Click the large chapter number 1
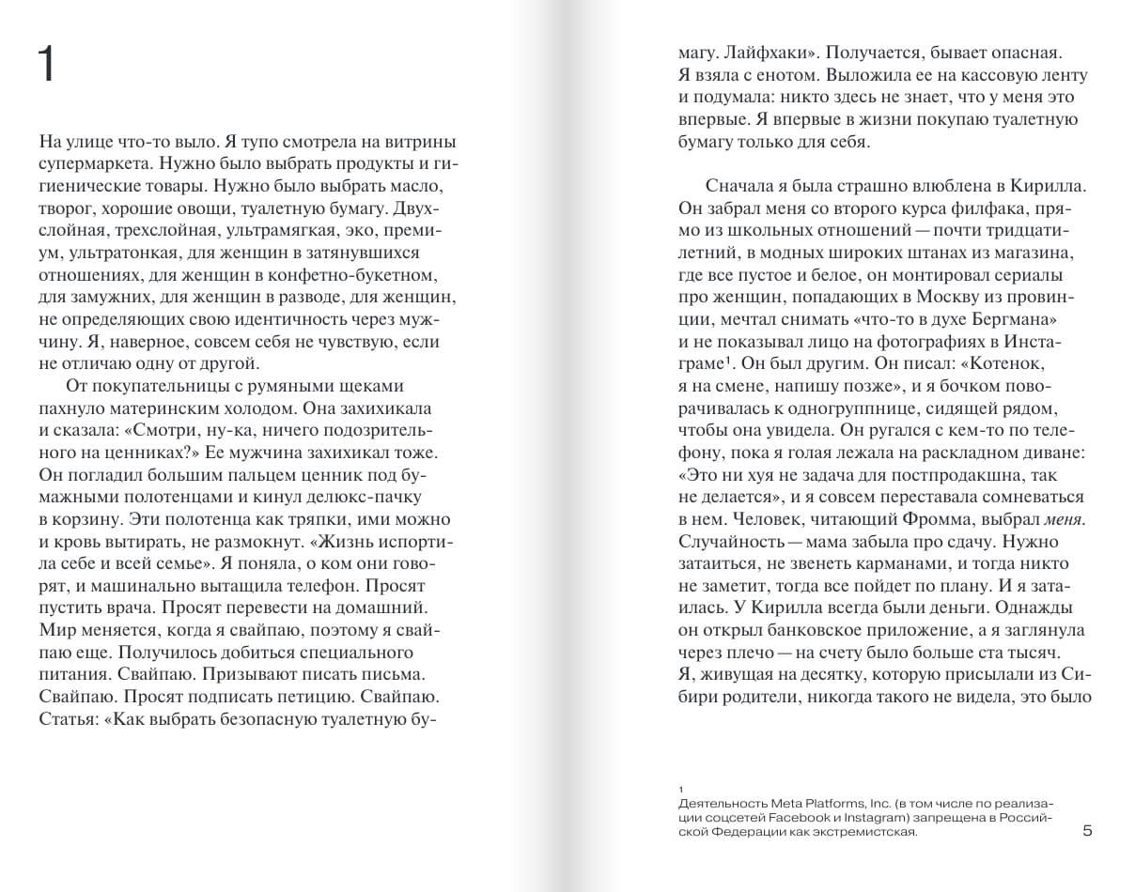(x=48, y=67)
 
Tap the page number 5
(x=1088, y=830)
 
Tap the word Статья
(x=70, y=719)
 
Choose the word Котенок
(x=1006, y=362)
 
